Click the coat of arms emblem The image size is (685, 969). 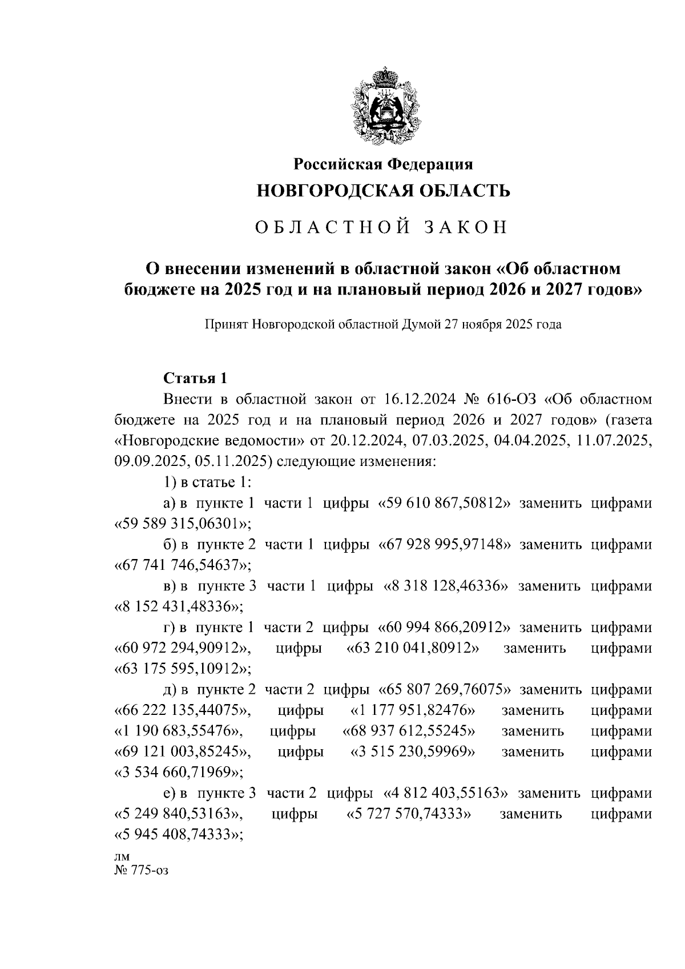click(x=386, y=106)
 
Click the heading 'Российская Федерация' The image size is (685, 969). click(x=384, y=164)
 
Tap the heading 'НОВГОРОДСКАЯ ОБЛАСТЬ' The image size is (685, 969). click(x=384, y=190)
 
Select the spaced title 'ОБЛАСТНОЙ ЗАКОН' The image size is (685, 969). click(x=381, y=227)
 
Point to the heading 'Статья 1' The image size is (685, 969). click(x=196, y=378)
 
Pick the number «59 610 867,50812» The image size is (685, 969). click(x=445, y=503)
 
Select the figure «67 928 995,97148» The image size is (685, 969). click(x=445, y=544)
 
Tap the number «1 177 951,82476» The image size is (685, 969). click(x=412, y=710)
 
